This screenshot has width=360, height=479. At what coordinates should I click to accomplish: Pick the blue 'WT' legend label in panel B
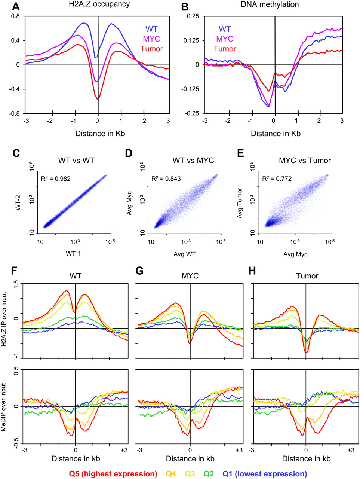pos(225,29)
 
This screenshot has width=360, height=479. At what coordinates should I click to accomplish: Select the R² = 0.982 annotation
pos(56,179)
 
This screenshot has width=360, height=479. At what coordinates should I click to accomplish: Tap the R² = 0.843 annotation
pos(166,179)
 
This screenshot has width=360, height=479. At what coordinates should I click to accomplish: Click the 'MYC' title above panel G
pos(190,276)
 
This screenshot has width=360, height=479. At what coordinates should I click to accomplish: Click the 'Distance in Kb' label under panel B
pos(276,134)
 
